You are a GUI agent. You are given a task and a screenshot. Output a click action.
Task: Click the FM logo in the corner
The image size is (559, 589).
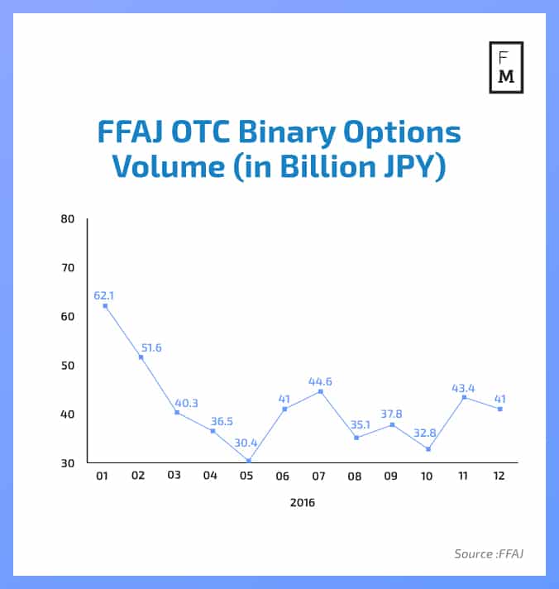point(506,66)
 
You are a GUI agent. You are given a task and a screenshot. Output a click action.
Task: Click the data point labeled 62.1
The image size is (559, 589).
point(105,306)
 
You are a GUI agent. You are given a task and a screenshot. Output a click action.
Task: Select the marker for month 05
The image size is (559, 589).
point(249,461)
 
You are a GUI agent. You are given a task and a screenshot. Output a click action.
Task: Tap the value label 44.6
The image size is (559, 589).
point(320,381)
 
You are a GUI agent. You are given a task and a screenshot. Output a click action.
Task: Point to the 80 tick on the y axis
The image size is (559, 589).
point(67,219)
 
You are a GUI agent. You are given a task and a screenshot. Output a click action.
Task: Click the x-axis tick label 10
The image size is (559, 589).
point(428,476)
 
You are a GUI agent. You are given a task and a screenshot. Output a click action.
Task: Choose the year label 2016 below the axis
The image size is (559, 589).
point(302,502)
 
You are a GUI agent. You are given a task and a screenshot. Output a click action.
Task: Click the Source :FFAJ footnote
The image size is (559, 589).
point(488,553)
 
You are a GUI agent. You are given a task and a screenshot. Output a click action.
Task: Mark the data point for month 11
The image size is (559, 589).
point(464,397)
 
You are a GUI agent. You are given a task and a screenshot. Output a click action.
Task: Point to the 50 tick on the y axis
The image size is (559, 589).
point(67,366)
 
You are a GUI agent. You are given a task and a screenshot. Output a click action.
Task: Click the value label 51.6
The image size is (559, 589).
point(150,347)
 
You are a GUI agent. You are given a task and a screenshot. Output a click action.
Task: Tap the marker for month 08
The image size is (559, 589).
point(356,438)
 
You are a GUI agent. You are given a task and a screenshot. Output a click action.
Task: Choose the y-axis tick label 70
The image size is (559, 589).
point(67,268)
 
